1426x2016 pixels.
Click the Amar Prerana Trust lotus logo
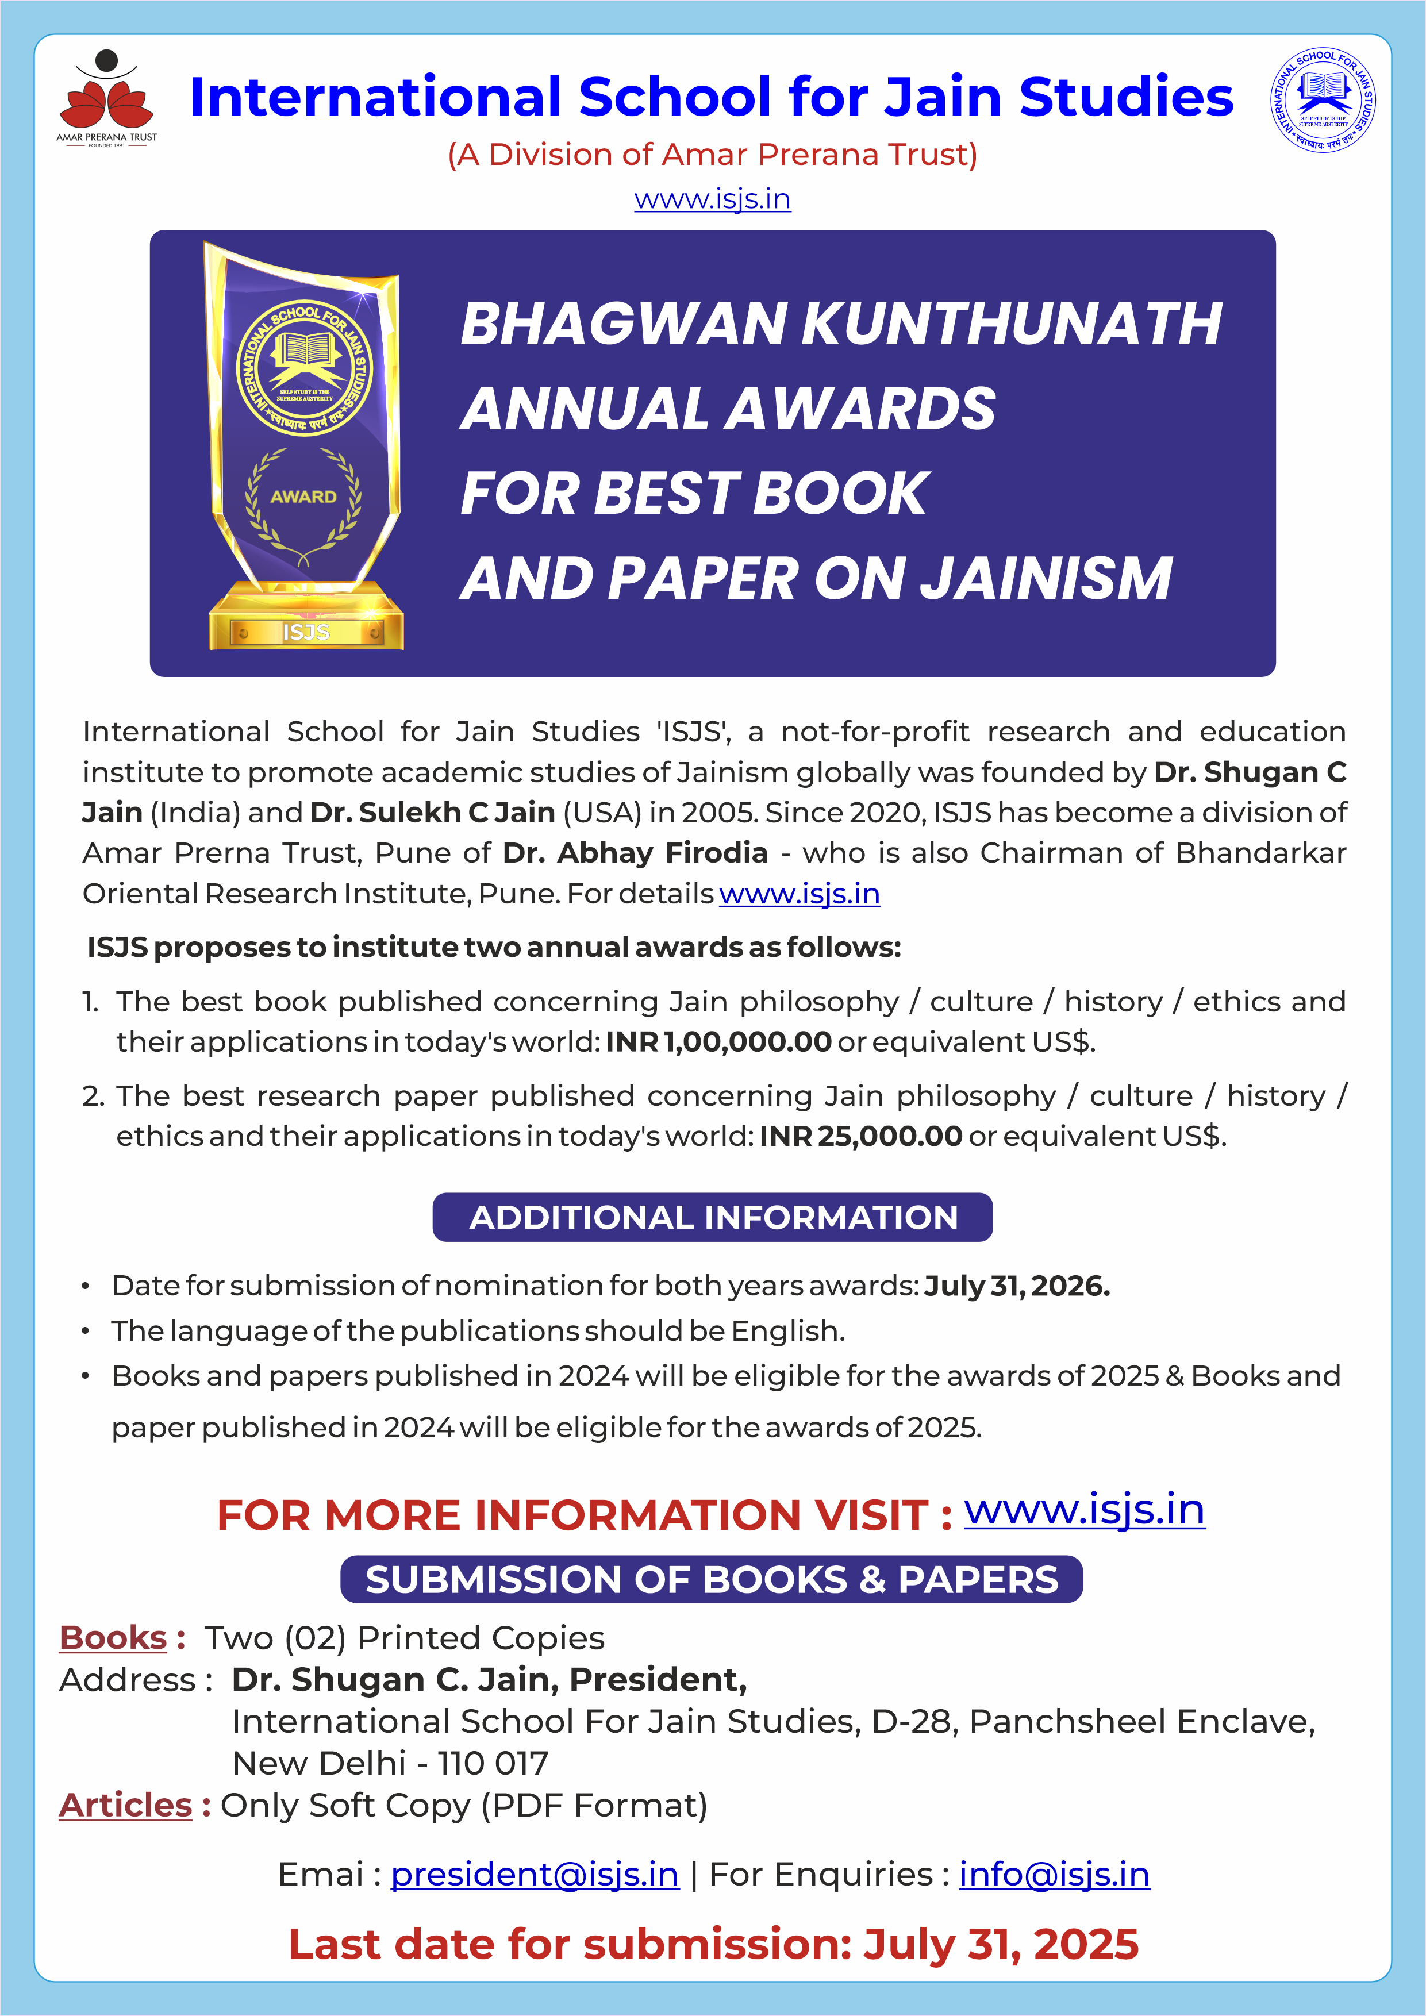(x=106, y=97)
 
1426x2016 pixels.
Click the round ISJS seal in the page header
(x=1323, y=100)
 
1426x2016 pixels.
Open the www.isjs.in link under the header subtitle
(x=712, y=199)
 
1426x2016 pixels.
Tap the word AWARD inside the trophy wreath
(x=303, y=497)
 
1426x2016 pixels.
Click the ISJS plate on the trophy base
(x=306, y=632)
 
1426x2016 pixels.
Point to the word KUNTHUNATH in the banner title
(x=1012, y=324)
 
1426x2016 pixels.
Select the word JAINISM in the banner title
(x=1050, y=579)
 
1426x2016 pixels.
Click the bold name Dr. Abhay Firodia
(x=635, y=853)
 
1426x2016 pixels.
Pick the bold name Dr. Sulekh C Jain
(x=432, y=812)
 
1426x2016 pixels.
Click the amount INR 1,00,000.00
(x=718, y=1041)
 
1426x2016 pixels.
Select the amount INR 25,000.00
(x=860, y=1136)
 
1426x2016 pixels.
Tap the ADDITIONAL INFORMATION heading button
(x=712, y=1217)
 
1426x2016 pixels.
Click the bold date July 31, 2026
(x=1017, y=1286)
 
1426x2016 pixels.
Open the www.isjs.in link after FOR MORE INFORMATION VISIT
(x=1085, y=1510)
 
